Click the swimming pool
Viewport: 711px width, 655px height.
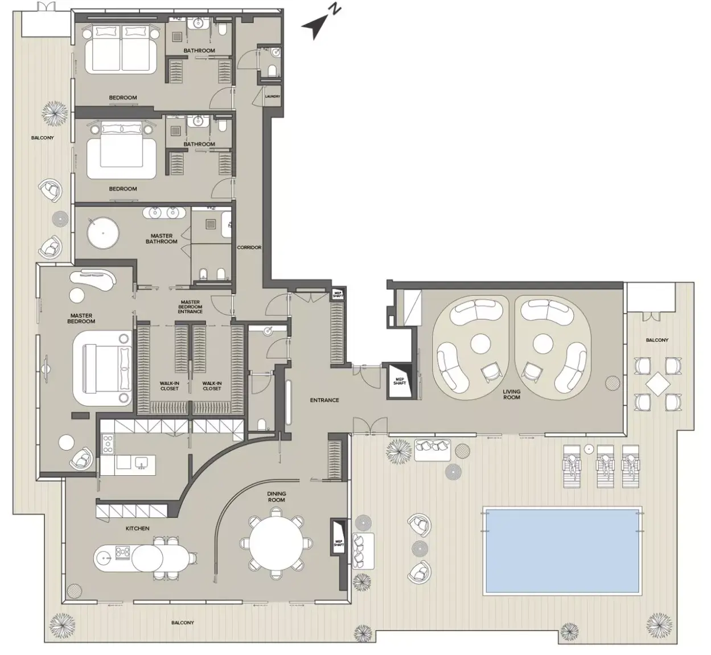click(x=562, y=551)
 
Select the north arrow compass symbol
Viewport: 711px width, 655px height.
click(x=320, y=23)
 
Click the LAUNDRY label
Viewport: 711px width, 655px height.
click(x=273, y=96)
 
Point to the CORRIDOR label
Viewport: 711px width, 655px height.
click(x=249, y=248)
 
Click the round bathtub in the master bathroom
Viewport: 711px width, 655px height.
click(x=103, y=233)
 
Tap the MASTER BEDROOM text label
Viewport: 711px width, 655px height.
click(x=81, y=318)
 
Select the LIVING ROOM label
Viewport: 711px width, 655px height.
click(x=511, y=394)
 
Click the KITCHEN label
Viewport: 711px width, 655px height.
click(x=138, y=528)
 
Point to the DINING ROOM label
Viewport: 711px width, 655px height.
click(x=277, y=497)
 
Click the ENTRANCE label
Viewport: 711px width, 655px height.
click(x=324, y=400)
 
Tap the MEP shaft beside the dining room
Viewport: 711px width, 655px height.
click(x=339, y=543)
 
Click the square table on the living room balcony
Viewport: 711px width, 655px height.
click(x=658, y=384)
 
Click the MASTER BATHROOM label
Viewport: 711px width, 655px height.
click(x=161, y=238)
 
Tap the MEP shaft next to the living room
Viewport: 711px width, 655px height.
click(x=400, y=381)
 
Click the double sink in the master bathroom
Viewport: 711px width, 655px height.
click(x=164, y=213)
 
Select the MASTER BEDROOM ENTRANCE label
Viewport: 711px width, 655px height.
click(x=190, y=307)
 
